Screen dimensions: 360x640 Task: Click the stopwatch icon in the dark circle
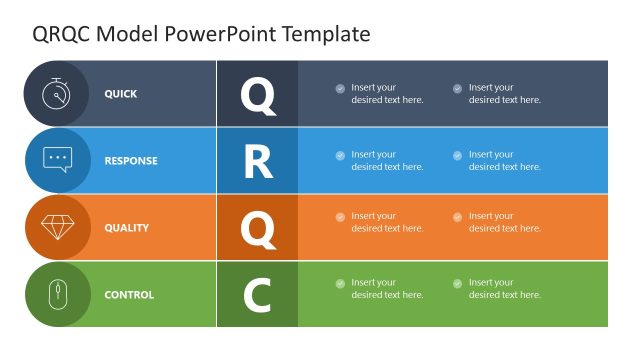[x=57, y=93]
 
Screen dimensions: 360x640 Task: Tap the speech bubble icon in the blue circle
[x=57, y=160]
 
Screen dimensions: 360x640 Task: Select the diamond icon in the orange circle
[x=57, y=227]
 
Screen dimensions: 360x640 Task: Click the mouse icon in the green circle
[x=57, y=294]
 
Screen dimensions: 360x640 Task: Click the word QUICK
[x=121, y=94]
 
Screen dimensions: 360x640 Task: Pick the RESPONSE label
[x=131, y=161]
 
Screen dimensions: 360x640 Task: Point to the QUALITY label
[x=127, y=228]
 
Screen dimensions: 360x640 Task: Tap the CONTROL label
[x=129, y=295]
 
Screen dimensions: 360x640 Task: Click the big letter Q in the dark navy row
[x=257, y=95]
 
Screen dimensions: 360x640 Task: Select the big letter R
[x=258, y=162]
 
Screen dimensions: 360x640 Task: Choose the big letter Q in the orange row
[x=257, y=229]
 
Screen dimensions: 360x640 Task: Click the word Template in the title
[x=326, y=34]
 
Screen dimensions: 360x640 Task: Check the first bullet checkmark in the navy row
[x=340, y=88]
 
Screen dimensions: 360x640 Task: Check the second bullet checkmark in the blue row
[x=458, y=155]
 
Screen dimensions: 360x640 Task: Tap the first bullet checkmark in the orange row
[x=340, y=217]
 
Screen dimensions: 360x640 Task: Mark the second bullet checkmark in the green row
[x=458, y=284]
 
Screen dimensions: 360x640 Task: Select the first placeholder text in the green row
[x=387, y=289]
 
